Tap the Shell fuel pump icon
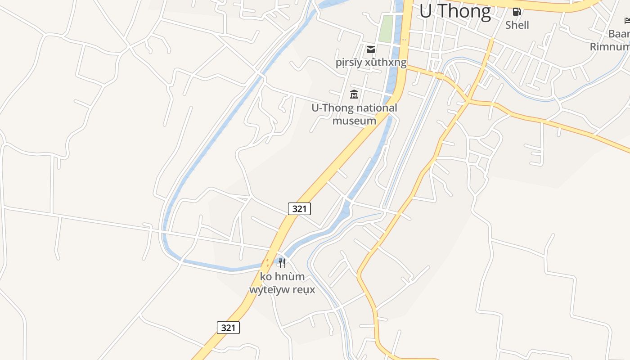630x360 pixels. tap(517, 12)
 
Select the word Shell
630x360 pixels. tap(517, 25)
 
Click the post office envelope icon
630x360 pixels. tap(371, 49)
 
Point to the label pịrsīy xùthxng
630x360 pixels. tap(371, 62)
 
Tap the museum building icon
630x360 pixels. tap(354, 94)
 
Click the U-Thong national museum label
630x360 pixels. tap(354, 114)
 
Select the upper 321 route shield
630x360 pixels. tap(299, 209)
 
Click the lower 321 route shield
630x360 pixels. tap(228, 328)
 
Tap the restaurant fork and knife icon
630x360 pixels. tap(282, 263)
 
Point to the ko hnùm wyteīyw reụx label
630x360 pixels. tap(282, 283)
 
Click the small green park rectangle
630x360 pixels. tap(385, 29)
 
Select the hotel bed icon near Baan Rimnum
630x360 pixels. tap(627, 20)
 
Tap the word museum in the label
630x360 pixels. tap(354, 121)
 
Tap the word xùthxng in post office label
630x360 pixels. tap(386, 62)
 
